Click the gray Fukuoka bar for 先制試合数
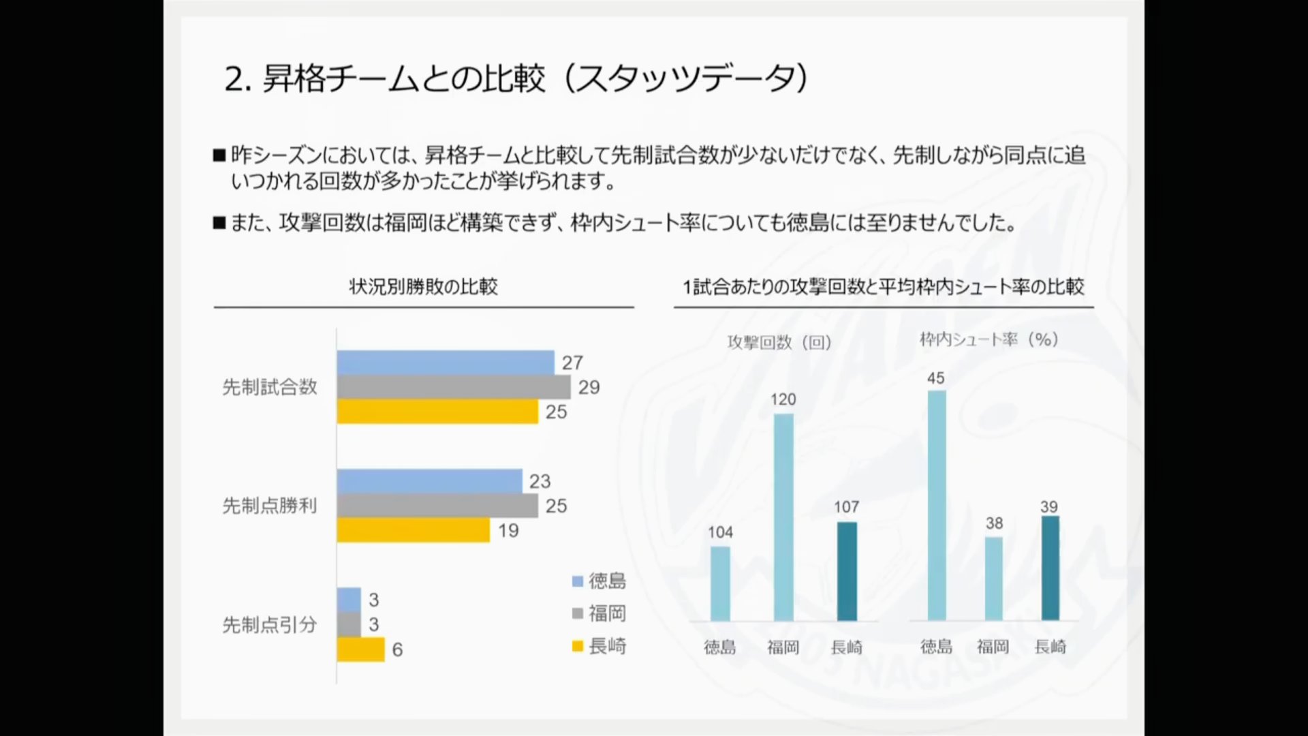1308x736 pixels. pyautogui.click(x=453, y=387)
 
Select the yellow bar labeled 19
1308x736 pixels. pyautogui.click(x=413, y=530)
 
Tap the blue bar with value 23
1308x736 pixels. pyautogui.click(x=429, y=481)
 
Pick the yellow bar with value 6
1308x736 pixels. pyautogui.click(x=360, y=649)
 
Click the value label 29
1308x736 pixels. pyautogui.click(x=589, y=388)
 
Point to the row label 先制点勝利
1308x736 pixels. pyautogui.click(x=270, y=506)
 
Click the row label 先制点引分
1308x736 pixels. pyautogui.click(x=270, y=625)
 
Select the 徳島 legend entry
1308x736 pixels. pyautogui.click(x=599, y=581)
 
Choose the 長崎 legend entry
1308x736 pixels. pyautogui.click(x=599, y=646)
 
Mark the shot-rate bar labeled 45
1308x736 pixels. pyautogui.click(x=937, y=505)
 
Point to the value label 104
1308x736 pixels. pyautogui.click(x=720, y=532)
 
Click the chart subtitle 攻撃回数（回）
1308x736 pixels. pyautogui.click(x=779, y=342)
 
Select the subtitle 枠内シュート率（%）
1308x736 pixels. pyautogui.click(x=989, y=339)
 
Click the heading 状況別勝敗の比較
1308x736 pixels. pyautogui.click(x=423, y=287)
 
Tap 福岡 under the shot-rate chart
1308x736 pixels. pyautogui.click(x=993, y=647)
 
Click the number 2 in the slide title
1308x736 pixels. pyautogui.click(x=234, y=80)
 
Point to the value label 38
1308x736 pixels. pyautogui.click(x=994, y=523)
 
